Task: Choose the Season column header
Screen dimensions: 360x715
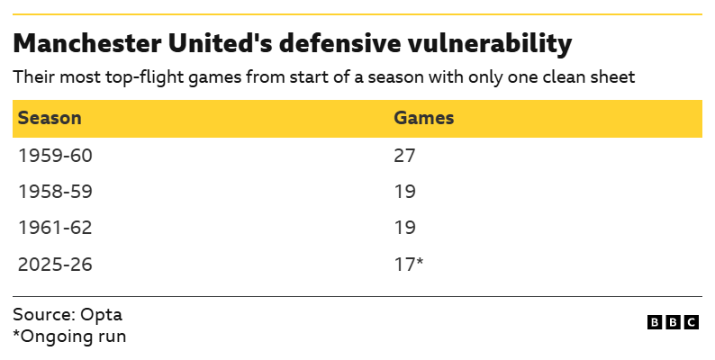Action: click(x=50, y=118)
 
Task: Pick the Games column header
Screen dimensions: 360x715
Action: click(x=423, y=118)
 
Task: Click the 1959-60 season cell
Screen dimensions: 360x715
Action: click(x=55, y=155)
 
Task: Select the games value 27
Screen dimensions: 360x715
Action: click(x=404, y=155)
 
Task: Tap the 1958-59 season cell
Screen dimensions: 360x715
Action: click(x=55, y=192)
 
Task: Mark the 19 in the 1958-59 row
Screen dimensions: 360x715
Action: click(x=404, y=192)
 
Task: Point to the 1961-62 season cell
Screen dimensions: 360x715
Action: click(x=55, y=229)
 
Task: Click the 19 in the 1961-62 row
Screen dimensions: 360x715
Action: click(x=404, y=229)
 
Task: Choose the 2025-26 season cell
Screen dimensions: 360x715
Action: click(x=55, y=265)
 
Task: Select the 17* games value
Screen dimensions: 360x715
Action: click(x=408, y=265)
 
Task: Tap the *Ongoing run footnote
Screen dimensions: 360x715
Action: click(x=69, y=337)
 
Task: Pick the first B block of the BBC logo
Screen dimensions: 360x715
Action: click(x=654, y=322)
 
